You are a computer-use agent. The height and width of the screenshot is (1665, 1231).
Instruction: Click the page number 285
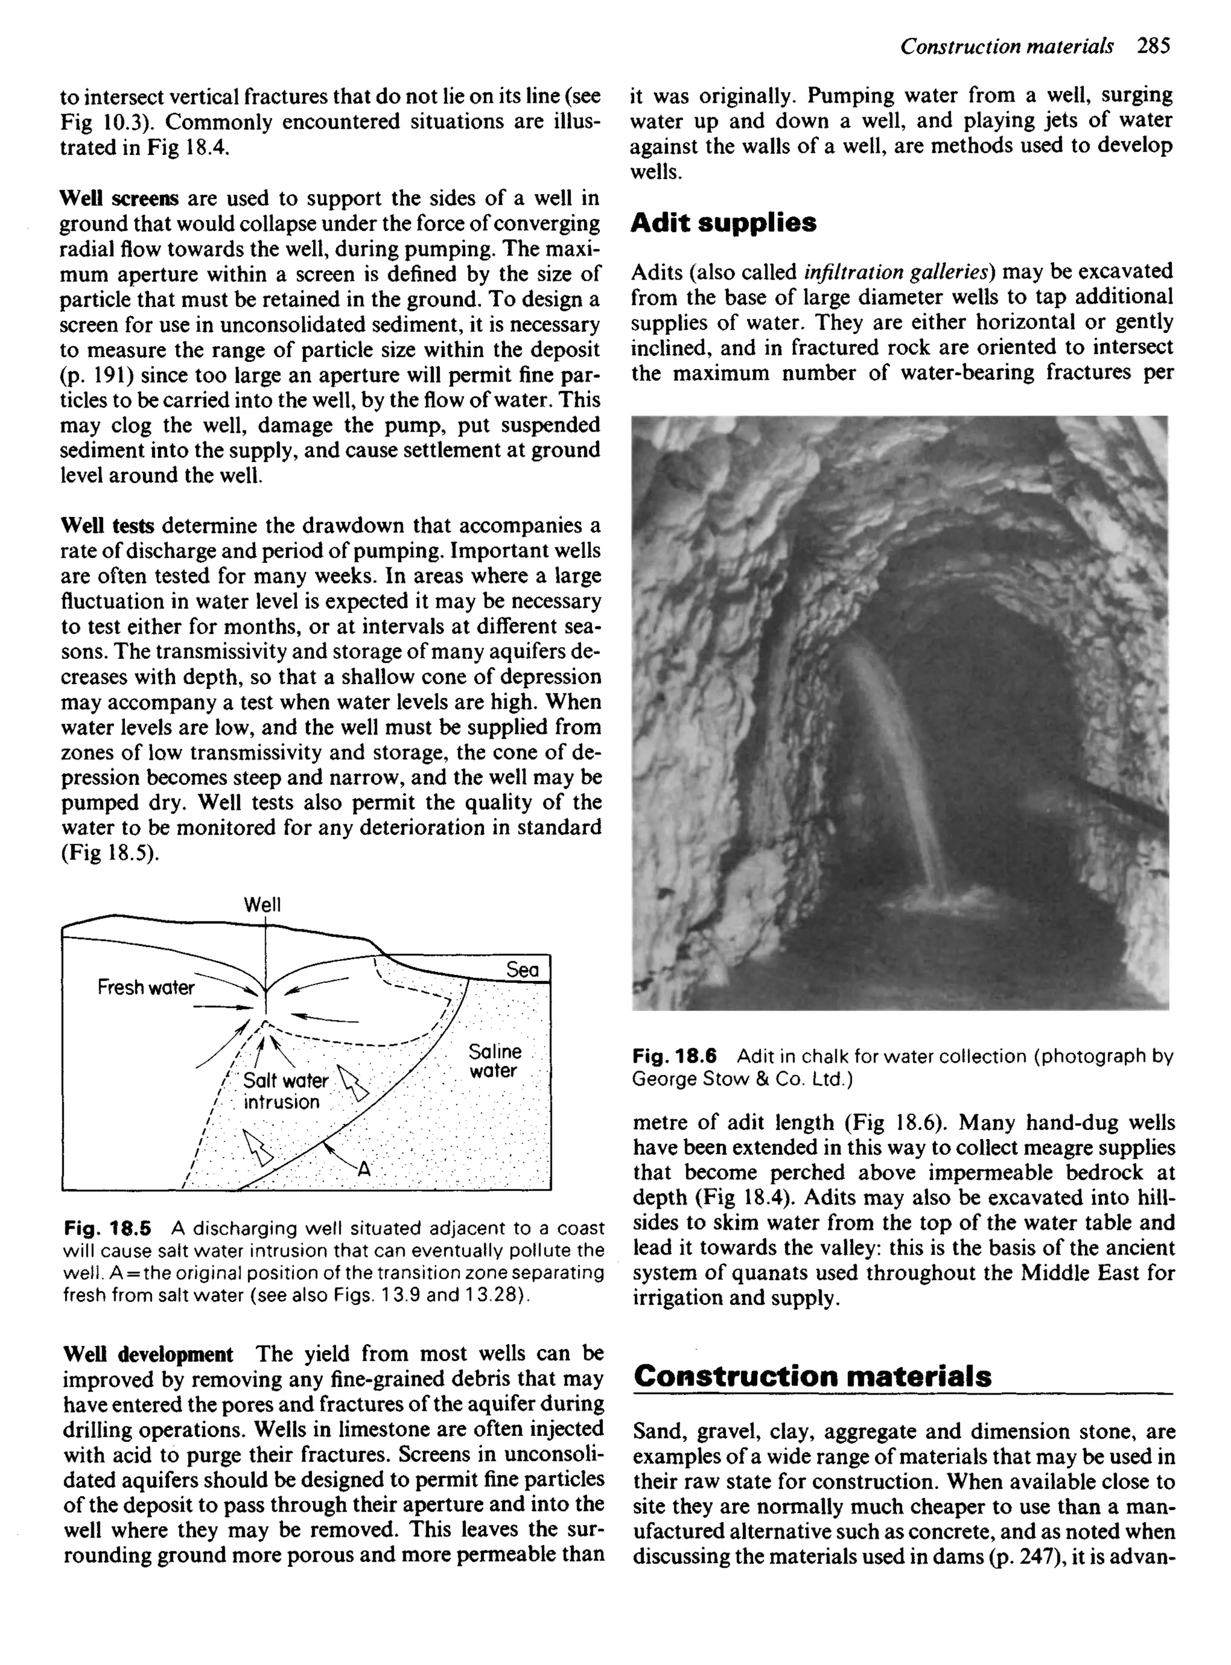[x=1153, y=46]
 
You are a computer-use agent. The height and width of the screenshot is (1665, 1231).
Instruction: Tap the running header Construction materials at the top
[x=1007, y=46]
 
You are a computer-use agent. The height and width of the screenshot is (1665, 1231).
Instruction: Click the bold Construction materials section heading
[x=812, y=1375]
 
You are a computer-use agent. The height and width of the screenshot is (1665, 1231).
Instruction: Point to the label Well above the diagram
[x=262, y=905]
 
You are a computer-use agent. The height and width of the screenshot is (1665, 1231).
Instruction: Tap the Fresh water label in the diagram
[x=145, y=987]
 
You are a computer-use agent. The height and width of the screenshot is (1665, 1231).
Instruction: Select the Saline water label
[x=495, y=1061]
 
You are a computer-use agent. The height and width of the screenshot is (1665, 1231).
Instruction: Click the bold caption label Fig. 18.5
[x=108, y=1227]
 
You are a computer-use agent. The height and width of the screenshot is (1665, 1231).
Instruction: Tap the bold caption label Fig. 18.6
[x=674, y=1056]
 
